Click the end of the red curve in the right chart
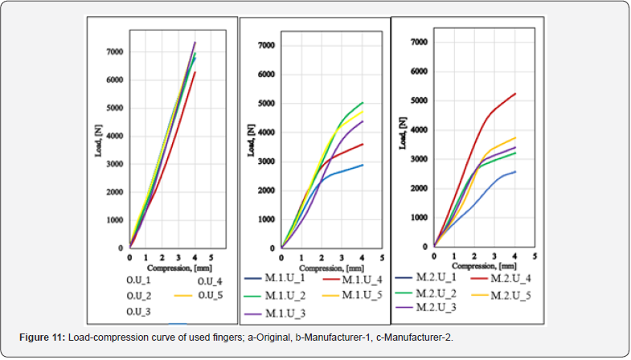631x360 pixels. [x=514, y=94]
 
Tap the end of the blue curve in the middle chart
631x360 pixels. [x=363, y=165]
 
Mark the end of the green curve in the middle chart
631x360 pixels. [x=363, y=103]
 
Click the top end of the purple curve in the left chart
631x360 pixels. [x=195, y=42]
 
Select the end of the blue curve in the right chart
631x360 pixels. [x=514, y=171]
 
